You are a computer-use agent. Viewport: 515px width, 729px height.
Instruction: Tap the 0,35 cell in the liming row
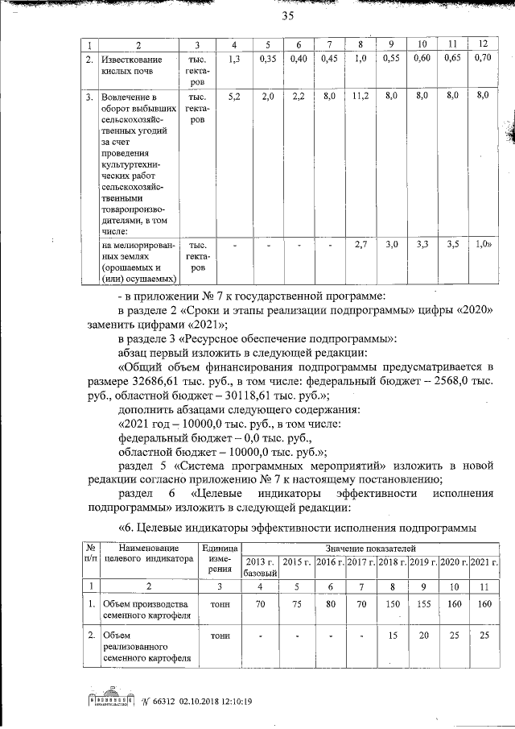268,59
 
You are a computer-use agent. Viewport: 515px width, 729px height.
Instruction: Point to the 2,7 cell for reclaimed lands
360,244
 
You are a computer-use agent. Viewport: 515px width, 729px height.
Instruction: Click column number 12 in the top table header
482,42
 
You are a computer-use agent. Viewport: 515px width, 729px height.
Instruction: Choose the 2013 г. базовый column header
260,566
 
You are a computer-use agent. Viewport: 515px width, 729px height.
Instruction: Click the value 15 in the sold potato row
392,636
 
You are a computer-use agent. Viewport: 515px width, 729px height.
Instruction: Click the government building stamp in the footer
109,699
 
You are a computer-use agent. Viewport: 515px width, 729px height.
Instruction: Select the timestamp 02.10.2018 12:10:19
215,701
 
